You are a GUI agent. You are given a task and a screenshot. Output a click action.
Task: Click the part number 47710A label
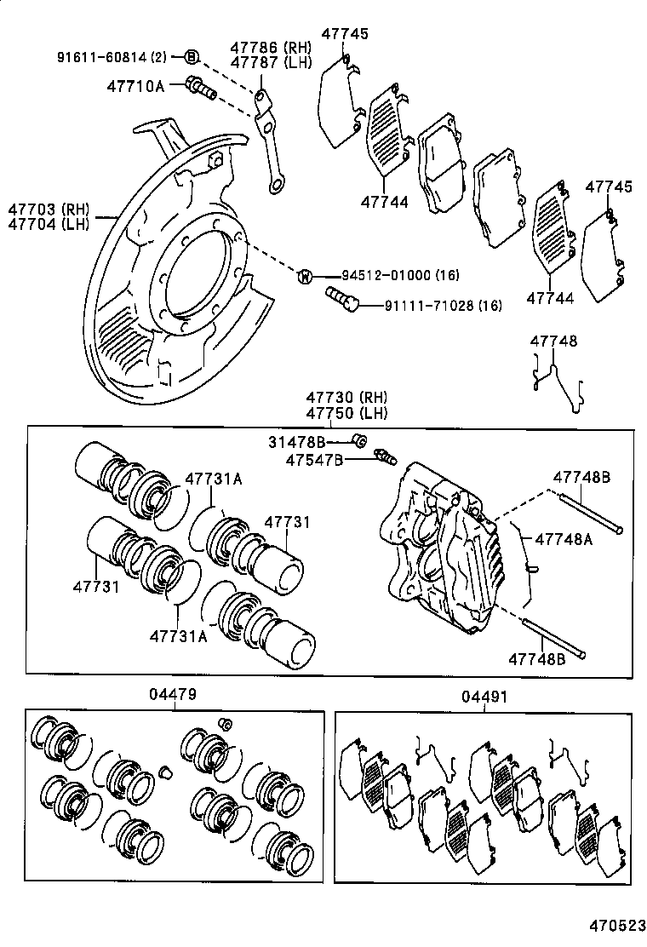[135, 85]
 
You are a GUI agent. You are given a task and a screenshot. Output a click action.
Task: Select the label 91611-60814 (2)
[112, 57]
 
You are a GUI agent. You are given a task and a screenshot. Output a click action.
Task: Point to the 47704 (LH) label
[49, 224]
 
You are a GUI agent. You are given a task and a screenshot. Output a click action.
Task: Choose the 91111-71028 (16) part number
[431, 305]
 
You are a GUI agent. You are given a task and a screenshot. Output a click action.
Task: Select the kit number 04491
[484, 696]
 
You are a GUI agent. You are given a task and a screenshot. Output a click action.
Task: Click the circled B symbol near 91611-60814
[192, 57]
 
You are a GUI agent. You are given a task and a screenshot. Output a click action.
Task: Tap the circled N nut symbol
[304, 275]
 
